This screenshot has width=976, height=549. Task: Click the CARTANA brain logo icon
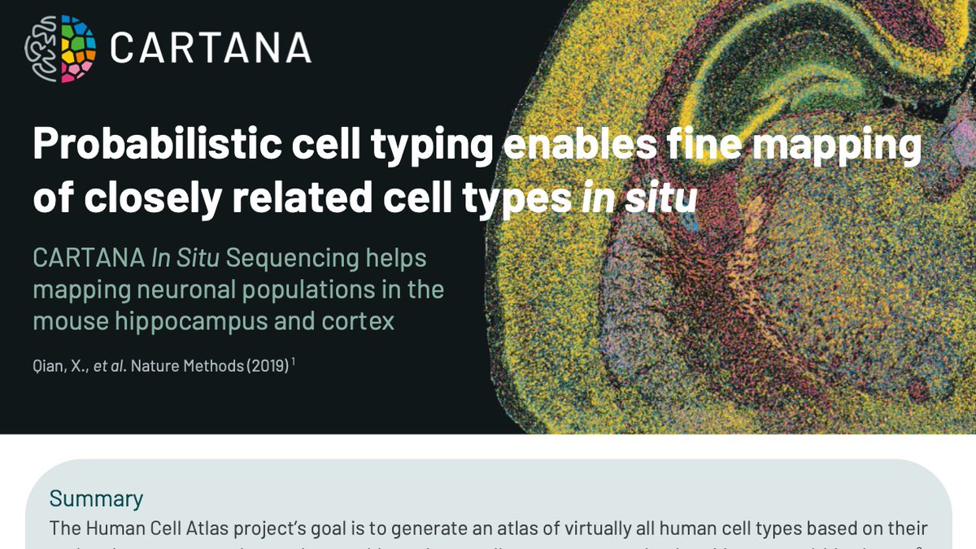pos(60,49)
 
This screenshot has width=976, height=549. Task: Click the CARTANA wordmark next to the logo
pos(211,49)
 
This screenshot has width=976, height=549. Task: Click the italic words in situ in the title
pos(639,198)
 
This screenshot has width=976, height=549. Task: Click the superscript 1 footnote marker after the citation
pos(293,362)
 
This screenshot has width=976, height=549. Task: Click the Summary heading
pos(96,499)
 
